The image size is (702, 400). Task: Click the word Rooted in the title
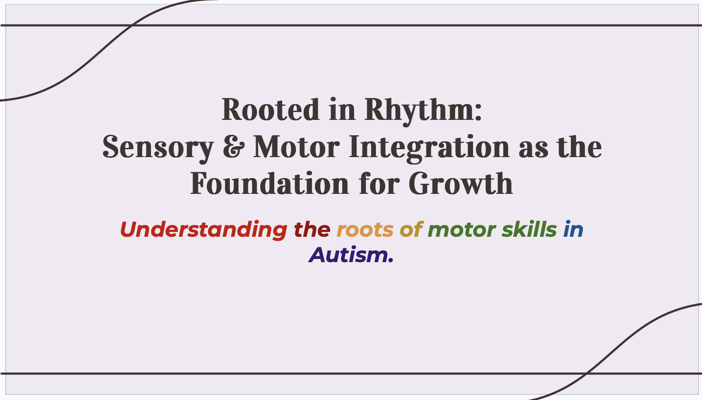[x=270, y=110]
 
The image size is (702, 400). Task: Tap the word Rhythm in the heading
[x=419, y=112]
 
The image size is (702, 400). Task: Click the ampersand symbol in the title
[x=233, y=147]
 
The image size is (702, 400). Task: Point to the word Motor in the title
[x=296, y=147]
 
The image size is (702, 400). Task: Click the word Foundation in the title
[x=269, y=183]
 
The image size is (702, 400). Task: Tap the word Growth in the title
[x=461, y=183]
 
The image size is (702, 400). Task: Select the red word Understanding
[x=204, y=230]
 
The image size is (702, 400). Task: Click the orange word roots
[x=365, y=230]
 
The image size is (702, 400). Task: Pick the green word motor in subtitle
[x=462, y=230]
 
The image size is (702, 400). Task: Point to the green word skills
[x=529, y=229]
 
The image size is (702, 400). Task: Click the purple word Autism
[x=348, y=255]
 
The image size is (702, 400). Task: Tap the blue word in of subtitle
[x=573, y=229]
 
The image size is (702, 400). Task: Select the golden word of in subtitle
[x=411, y=229]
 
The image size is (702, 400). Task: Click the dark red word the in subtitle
[x=312, y=229]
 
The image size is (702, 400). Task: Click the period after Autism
[x=390, y=260]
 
